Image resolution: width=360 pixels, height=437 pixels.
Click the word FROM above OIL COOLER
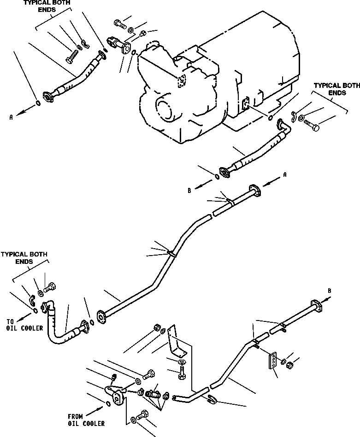[x=75, y=416]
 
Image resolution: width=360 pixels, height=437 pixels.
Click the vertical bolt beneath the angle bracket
[x=181, y=370]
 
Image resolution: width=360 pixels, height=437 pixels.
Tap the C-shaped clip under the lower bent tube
[x=211, y=399]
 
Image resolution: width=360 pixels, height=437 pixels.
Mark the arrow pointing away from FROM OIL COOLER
[x=98, y=410]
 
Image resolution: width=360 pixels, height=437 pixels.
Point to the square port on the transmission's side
[x=244, y=104]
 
